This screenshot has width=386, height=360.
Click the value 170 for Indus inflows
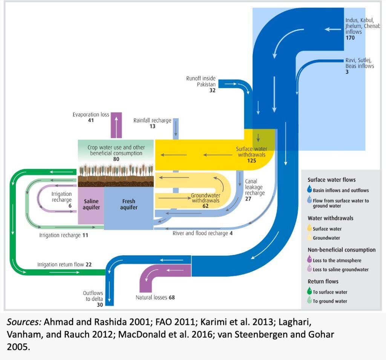coord(350,38)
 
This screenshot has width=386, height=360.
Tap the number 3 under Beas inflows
coord(347,72)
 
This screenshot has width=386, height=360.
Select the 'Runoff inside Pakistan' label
coord(201,81)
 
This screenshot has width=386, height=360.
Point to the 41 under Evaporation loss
coord(91,120)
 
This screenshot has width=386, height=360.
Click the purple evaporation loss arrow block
coord(116,125)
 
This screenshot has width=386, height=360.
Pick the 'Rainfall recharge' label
coord(152,121)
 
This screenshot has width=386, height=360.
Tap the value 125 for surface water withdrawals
coord(251,160)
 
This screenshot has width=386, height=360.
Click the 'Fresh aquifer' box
coord(129,204)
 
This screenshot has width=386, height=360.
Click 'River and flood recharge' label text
coord(200,233)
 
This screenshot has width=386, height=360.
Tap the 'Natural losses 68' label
coord(155,297)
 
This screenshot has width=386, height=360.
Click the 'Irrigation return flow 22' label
coord(64,265)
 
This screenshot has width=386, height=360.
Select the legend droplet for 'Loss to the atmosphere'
coord(309,260)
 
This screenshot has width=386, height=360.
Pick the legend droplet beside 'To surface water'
coord(309,291)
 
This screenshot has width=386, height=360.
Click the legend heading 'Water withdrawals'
coord(330,218)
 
